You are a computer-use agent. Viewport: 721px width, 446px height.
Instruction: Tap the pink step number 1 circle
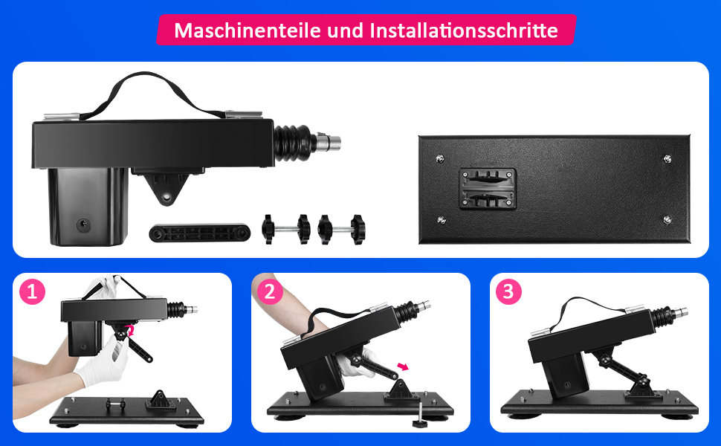pos(31,292)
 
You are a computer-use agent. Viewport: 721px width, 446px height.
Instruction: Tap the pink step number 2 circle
pos(270,292)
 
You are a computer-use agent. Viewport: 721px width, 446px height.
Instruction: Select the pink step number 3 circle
pos(508,292)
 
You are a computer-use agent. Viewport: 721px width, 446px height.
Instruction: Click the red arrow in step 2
pos(404,366)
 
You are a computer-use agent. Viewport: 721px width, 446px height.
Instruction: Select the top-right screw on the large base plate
pos(667,158)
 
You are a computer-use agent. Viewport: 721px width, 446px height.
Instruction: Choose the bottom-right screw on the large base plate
pos(667,219)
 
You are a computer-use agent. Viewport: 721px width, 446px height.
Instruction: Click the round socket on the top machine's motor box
pos(83,223)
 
